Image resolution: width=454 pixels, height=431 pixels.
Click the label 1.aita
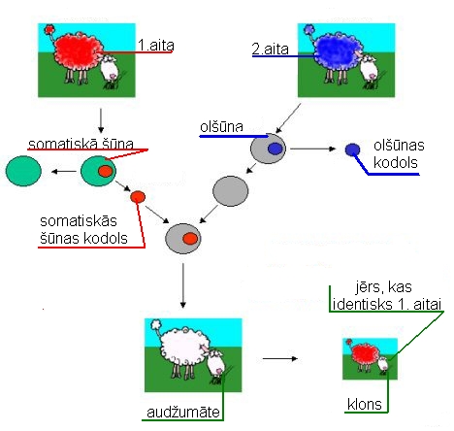click(156, 45)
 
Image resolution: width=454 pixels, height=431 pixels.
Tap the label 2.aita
click(270, 49)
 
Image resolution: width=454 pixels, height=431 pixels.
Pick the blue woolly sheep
click(337, 54)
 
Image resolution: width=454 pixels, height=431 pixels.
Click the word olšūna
click(221, 126)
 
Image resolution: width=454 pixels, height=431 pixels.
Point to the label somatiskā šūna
click(81, 144)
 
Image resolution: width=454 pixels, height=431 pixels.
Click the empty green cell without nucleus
click(23, 171)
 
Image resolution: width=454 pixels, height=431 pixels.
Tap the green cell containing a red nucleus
click(98, 171)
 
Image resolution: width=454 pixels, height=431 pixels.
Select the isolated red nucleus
click(138, 197)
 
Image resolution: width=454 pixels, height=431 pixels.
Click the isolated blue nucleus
click(352, 149)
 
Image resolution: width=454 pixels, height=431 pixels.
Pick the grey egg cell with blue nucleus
click(268, 149)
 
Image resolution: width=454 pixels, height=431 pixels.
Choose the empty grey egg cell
click(230, 191)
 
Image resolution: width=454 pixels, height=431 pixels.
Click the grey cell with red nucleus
click(183, 239)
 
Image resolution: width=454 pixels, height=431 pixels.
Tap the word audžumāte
click(183, 413)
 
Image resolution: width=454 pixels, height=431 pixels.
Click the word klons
click(365, 404)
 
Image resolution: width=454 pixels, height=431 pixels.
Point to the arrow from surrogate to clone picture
click(280, 358)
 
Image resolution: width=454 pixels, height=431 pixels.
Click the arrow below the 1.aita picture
click(101, 120)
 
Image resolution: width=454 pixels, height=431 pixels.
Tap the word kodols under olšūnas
click(396, 162)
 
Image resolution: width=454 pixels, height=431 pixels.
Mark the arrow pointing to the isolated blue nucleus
click(313, 149)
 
